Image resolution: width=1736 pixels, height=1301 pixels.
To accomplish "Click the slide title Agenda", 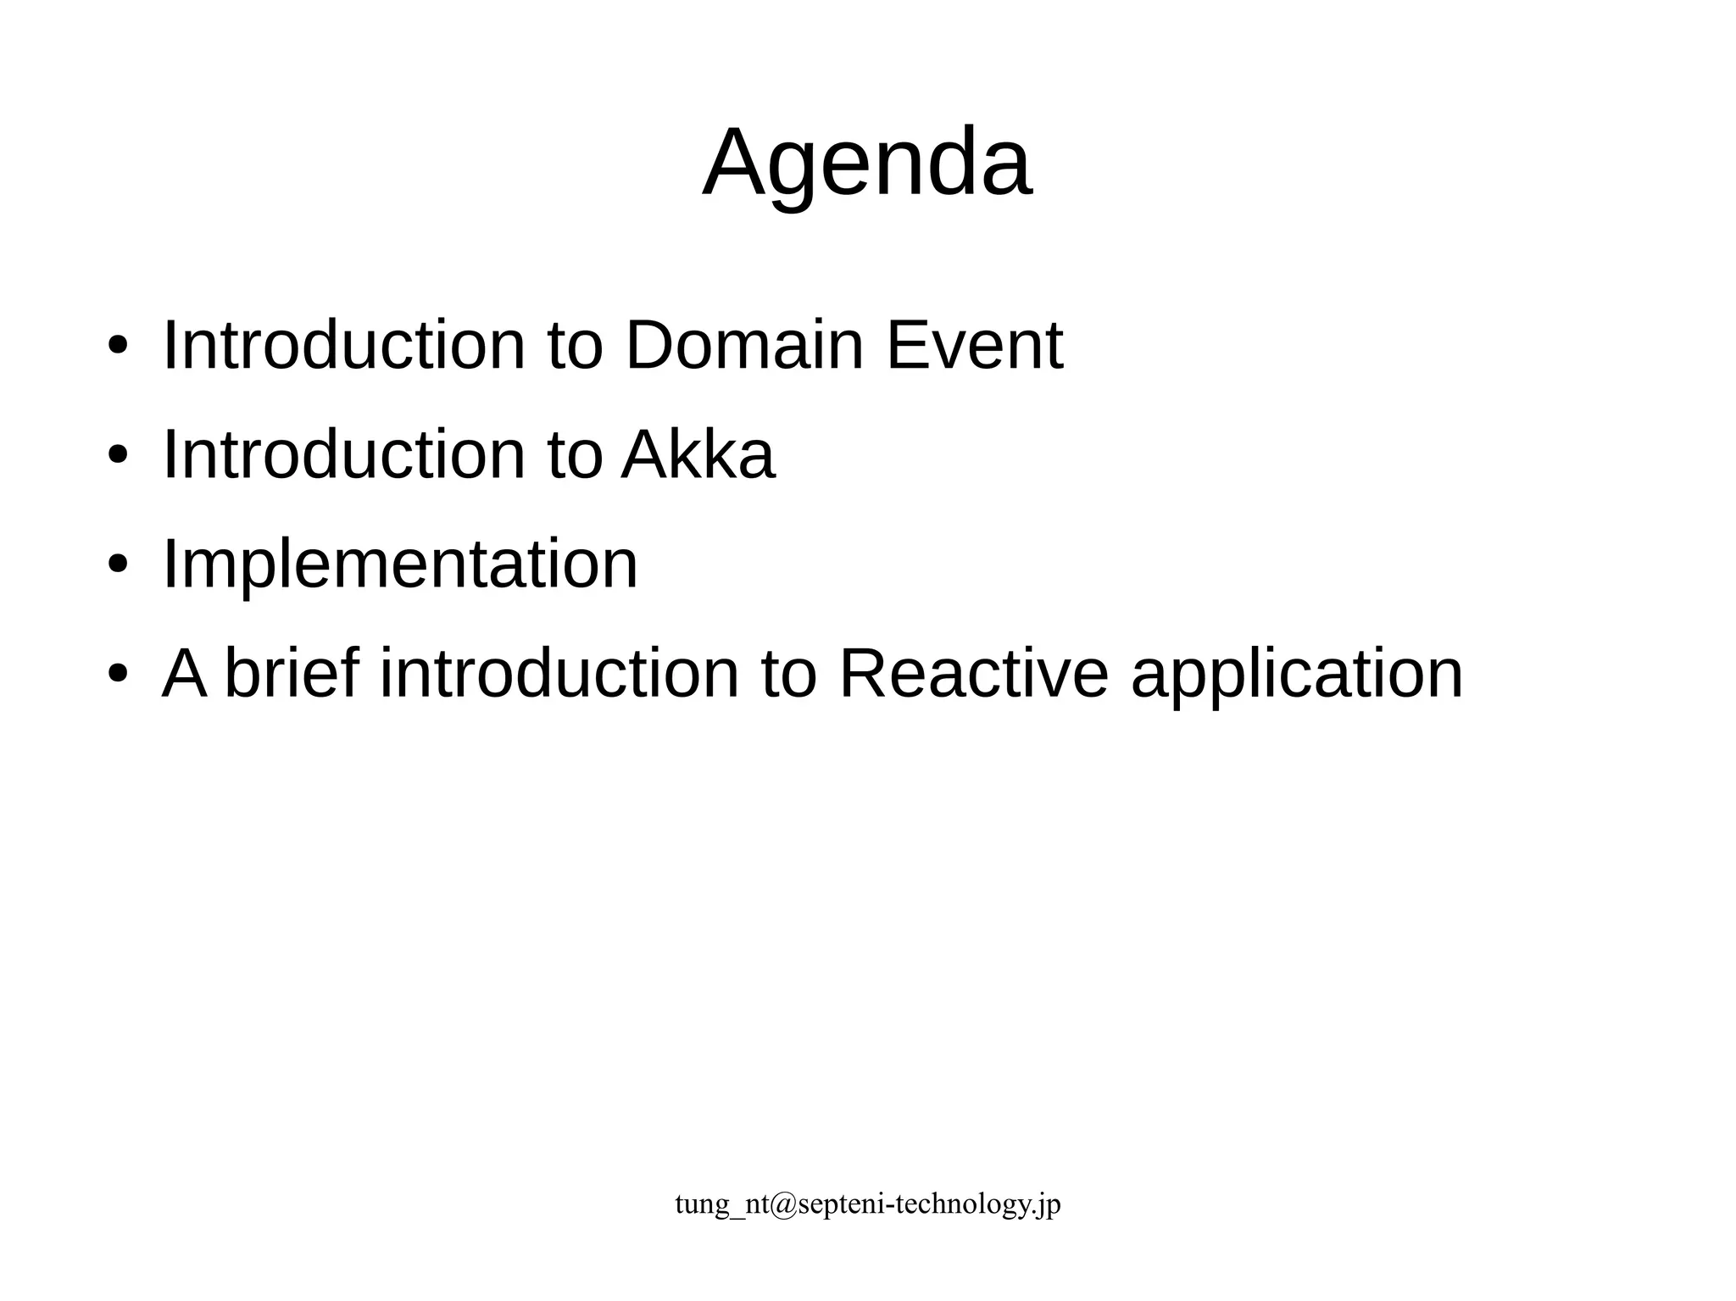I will click(867, 163).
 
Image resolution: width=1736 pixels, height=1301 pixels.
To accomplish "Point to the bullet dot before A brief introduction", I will click(118, 674).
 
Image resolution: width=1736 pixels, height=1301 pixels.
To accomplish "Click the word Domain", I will click(743, 345).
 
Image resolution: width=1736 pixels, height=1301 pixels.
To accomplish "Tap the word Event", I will click(974, 345).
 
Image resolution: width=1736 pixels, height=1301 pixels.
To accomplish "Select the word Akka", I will click(698, 454).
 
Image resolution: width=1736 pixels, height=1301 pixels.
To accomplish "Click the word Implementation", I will click(399, 564).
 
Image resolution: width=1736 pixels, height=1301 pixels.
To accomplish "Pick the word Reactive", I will click(973, 674).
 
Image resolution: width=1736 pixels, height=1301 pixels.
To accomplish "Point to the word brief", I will click(292, 674).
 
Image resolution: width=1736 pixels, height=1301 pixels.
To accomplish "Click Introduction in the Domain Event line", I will click(344, 345).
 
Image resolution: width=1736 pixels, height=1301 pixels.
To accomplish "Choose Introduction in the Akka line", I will click(344, 454).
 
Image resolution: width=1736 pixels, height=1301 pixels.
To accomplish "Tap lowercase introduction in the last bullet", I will click(559, 674).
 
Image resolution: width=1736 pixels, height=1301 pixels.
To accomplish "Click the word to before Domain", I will click(575, 345).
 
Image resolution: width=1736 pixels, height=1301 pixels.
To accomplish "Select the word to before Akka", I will click(575, 454).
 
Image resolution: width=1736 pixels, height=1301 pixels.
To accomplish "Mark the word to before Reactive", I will click(789, 674).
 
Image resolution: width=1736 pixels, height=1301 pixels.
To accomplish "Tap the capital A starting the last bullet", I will click(185, 674).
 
